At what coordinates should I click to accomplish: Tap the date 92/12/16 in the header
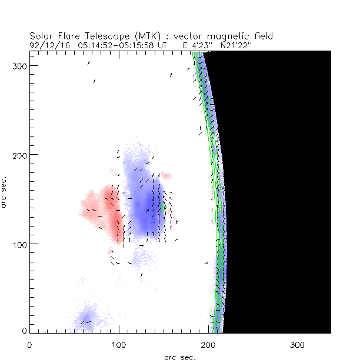pyautogui.click(x=48, y=44)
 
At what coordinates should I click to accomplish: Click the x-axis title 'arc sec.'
pyautogui.click(x=180, y=357)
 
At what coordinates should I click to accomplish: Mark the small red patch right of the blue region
pyautogui.click(x=167, y=175)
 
